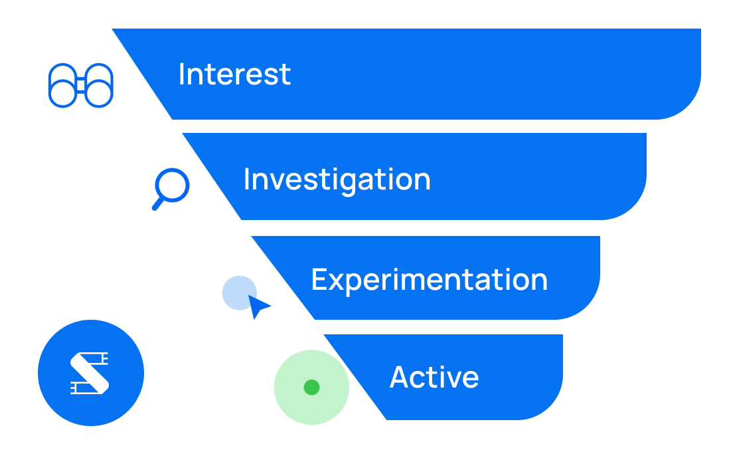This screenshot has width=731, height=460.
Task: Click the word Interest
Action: tap(234, 74)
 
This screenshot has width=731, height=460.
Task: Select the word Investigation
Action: tap(337, 181)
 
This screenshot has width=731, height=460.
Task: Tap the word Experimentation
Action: tap(430, 281)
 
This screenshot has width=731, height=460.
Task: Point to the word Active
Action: tap(434, 377)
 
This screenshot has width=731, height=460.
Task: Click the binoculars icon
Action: tap(80, 85)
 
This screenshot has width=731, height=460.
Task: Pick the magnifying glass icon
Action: tap(171, 189)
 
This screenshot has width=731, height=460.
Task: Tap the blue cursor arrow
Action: tap(258, 306)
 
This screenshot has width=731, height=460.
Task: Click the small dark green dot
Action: tap(311, 388)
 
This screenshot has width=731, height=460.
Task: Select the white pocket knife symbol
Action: tap(90, 373)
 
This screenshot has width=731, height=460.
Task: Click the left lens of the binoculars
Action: tap(50, 92)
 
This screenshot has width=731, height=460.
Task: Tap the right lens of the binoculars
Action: tap(111, 92)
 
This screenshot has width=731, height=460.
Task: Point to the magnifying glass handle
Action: tap(158, 204)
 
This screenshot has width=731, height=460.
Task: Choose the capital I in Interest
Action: tap(182, 74)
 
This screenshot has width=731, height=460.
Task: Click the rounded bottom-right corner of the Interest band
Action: tap(688, 106)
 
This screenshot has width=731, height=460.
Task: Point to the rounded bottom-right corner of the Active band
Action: tap(550, 407)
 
